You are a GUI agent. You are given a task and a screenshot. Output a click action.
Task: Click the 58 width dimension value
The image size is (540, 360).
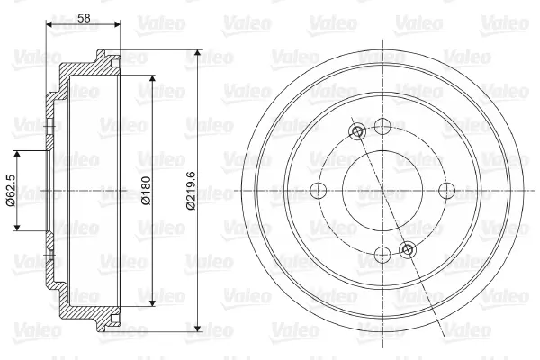pyautogui.click(x=82, y=17)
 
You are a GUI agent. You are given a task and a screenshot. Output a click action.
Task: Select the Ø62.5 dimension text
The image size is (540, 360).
pyautogui.click(x=9, y=191)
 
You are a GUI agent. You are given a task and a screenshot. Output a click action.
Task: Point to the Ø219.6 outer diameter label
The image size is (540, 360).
pyautogui.click(x=189, y=191)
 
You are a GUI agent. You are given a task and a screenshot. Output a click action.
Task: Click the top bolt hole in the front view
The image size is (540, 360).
pyautogui.click(x=382, y=127)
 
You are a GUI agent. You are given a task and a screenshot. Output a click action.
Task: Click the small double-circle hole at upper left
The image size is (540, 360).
pyautogui.click(x=357, y=134)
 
